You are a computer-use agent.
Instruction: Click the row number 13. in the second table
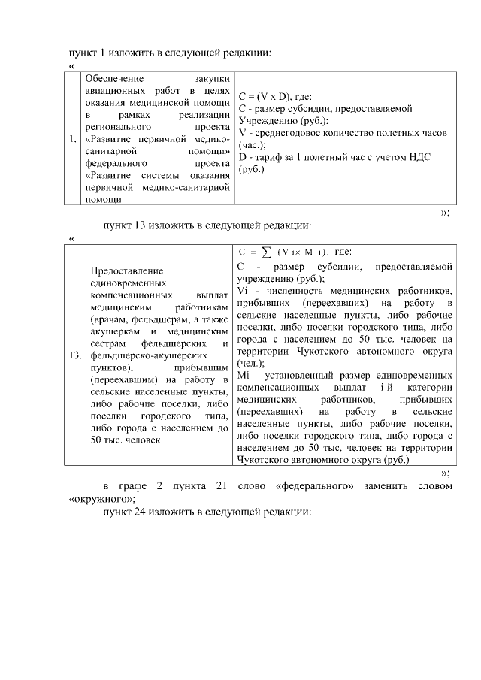coord(75,355)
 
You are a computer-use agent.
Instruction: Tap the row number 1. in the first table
coord(72,139)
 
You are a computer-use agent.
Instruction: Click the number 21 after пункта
coord(222,486)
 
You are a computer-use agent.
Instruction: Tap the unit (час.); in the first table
coord(252,144)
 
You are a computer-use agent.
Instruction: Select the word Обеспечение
coord(114,77)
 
